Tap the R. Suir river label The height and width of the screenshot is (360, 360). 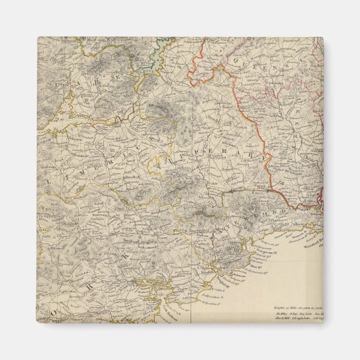[x=235, y=192]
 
